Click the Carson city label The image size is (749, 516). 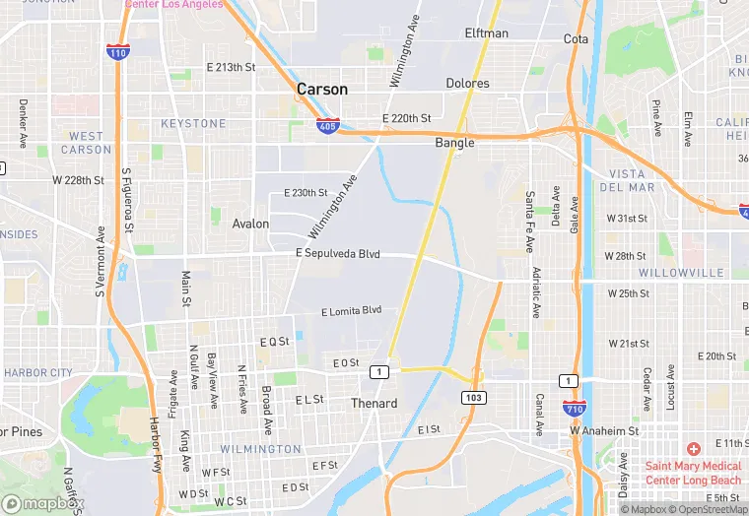point(322,90)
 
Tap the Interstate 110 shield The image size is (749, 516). point(117,52)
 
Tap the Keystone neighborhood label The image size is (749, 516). point(193,123)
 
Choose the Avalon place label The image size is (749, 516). point(250,224)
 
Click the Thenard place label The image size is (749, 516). point(374,404)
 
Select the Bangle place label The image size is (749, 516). point(454,143)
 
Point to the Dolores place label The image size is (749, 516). point(467,84)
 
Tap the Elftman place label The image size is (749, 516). point(487,33)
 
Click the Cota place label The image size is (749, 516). point(576,39)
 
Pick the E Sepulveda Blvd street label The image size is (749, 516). point(337,254)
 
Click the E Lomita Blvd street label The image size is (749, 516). point(351,311)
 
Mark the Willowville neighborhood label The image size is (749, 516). point(681,273)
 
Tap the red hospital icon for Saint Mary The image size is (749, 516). point(694,448)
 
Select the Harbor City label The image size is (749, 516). point(38,373)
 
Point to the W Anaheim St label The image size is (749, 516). point(604,431)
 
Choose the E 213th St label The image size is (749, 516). point(230,67)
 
